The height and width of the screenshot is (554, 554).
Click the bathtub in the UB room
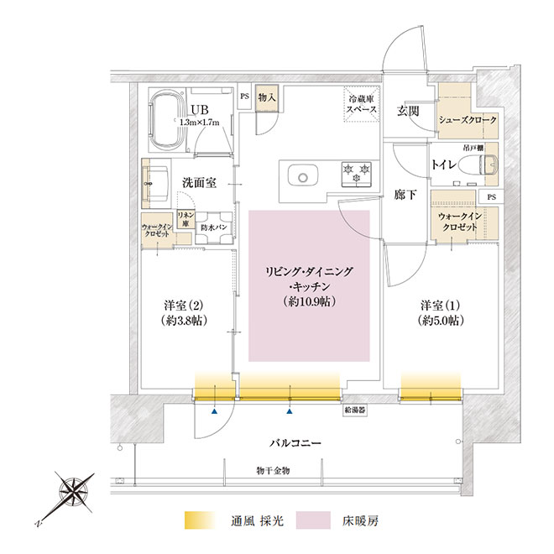point(168,120)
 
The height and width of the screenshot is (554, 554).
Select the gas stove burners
point(356,173)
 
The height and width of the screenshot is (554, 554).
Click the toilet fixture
point(488,165)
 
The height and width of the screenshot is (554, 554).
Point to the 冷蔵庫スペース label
point(362,104)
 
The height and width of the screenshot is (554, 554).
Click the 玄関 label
point(408,112)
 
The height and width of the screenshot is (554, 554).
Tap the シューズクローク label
point(468,120)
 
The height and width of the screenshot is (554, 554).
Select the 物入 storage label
point(267,97)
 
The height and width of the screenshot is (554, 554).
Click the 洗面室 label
point(199,183)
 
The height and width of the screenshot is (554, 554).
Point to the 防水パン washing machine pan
point(214,227)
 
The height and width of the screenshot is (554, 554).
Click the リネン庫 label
point(186,219)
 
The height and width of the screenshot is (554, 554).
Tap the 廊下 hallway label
point(405,195)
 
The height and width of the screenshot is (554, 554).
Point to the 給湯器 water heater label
point(355,410)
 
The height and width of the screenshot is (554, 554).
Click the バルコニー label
point(295,442)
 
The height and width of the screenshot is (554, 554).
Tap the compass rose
point(74,492)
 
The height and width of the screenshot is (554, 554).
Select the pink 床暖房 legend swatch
point(313,520)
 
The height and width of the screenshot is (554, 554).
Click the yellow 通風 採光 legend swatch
point(200,520)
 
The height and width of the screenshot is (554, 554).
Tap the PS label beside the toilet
point(491,197)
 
